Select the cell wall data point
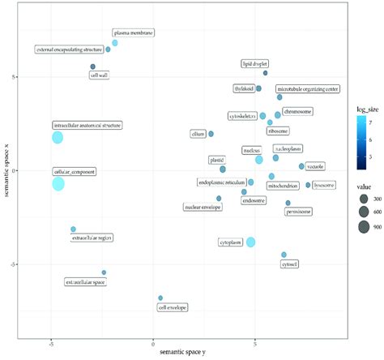click(x=93, y=66)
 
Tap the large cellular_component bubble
click(x=58, y=184)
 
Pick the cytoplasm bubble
click(x=251, y=242)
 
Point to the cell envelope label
click(x=173, y=307)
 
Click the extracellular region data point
click(x=73, y=229)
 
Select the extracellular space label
click(x=85, y=282)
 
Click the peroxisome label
click(x=299, y=212)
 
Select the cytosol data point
click(x=284, y=255)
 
